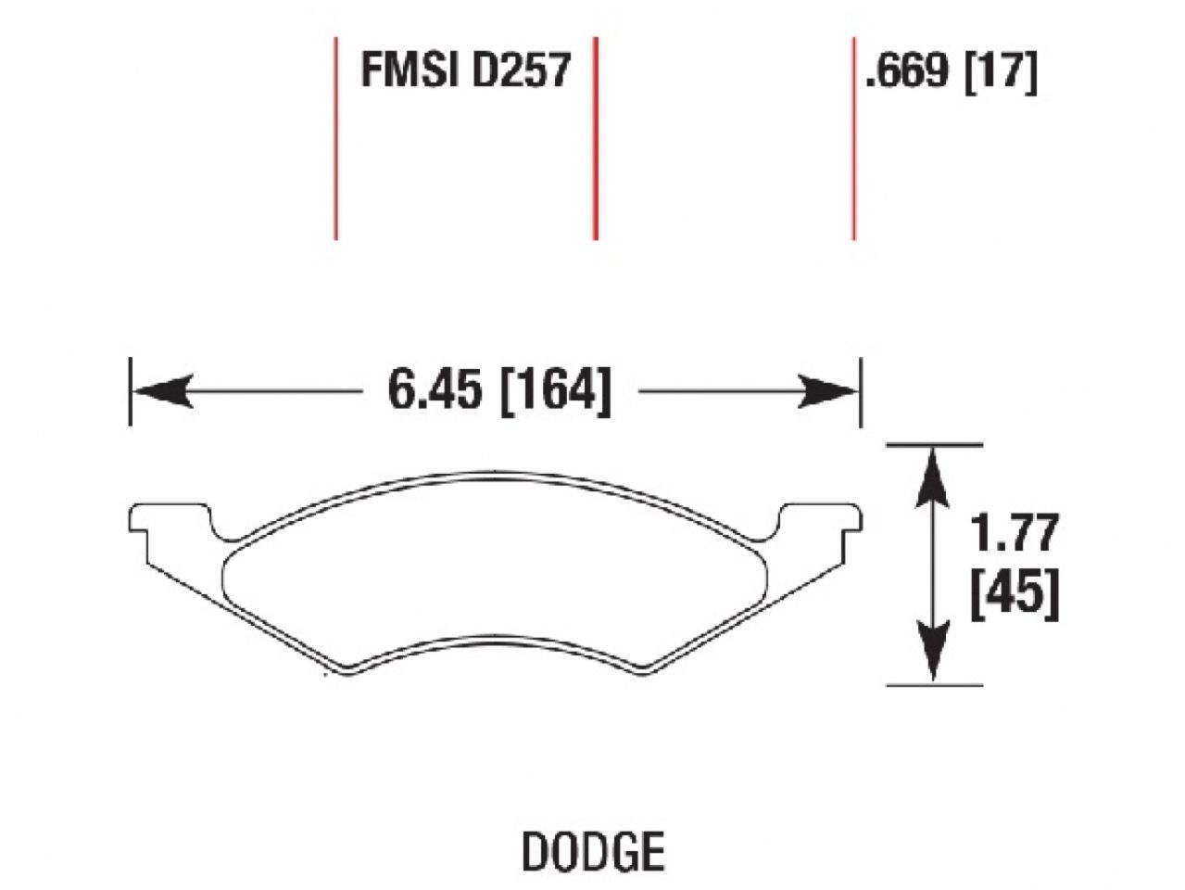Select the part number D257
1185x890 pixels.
pos(520,70)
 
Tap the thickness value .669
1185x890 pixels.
pos(907,70)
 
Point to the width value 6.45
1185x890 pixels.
pos(436,390)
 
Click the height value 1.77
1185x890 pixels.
pos(1014,535)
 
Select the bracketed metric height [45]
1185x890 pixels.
pos(1014,592)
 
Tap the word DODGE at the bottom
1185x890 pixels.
pos(593,850)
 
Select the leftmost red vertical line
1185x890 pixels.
pos(335,139)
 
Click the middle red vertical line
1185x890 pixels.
pos(595,139)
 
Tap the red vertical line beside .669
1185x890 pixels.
pos(853,139)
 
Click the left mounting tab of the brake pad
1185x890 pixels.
pos(171,519)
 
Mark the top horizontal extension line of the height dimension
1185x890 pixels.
pos(934,446)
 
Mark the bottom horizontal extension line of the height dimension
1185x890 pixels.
pos(934,685)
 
